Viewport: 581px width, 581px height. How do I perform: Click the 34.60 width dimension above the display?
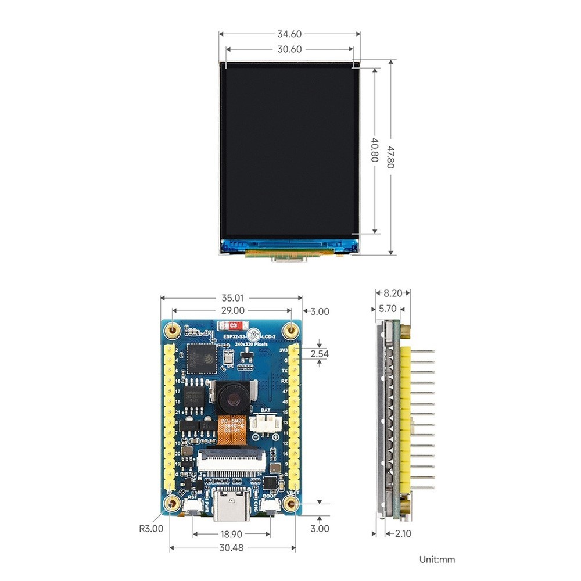pyautogui.click(x=289, y=34)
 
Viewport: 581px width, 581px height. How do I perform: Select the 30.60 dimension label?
pyautogui.click(x=289, y=49)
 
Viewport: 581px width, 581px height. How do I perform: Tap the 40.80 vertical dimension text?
pyautogui.click(x=375, y=150)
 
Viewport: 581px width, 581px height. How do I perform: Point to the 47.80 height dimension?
pyautogui.click(x=391, y=157)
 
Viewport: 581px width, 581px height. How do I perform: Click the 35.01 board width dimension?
pyautogui.click(x=231, y=297)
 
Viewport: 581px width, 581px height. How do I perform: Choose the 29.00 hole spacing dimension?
pyautogui.click(x=231, y=311)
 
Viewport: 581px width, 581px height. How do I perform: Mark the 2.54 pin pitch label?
pyautogui.click(x=320, y=353)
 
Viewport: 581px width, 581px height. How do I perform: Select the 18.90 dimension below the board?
pyautogui.click(x=232, y=533)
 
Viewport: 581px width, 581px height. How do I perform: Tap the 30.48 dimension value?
pyautogui.click(x=232, y=548)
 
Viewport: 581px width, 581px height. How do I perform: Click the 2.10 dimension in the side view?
pyautogui.click(x=403, y=533)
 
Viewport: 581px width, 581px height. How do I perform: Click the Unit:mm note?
pyautogui.click(x=437, y=560)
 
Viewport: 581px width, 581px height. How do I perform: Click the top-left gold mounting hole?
pyautogui.click(x=172, y=330)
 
